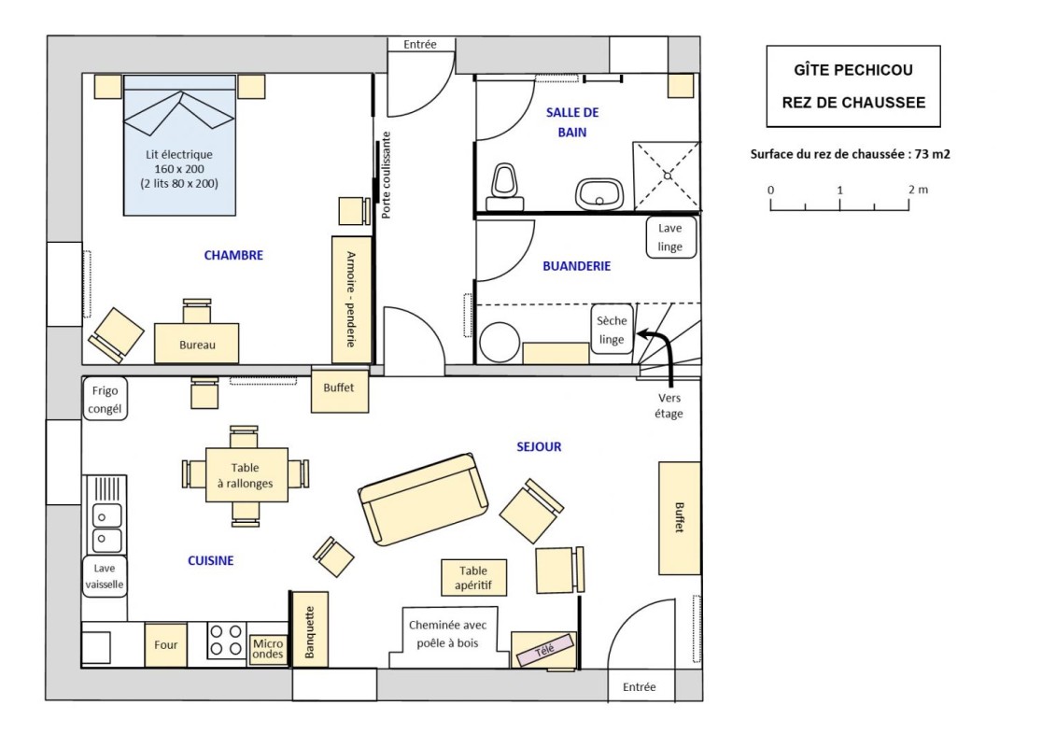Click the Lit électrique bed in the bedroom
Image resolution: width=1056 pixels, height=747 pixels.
coord(179,145)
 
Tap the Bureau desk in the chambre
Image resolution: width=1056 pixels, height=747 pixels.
coord(197,344)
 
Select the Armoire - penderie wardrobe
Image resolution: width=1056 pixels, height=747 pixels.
coord(352,300)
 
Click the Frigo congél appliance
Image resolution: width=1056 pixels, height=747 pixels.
coord(106,400)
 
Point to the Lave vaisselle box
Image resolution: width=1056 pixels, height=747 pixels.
coord(105,576)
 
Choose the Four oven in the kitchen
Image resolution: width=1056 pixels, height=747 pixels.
coord(165,644)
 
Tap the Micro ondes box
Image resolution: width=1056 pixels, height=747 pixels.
coord(268,649)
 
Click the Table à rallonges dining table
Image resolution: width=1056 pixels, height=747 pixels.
coord(246,475)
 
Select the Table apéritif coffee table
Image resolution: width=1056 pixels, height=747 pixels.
coord(473,577)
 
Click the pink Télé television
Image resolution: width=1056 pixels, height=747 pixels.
coord(545,649)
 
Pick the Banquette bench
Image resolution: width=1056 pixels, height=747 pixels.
coord(309,629)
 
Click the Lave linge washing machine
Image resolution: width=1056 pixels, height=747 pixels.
coord(670,237)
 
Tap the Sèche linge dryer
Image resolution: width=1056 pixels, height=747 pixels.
coord(612,330)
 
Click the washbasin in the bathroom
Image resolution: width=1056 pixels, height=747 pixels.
coord(598,194)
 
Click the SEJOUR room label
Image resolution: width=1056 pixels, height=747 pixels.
coord(539,446)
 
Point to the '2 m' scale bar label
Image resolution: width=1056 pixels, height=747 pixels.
coord(918,190)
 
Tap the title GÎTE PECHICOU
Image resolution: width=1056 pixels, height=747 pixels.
coord(853,70)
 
